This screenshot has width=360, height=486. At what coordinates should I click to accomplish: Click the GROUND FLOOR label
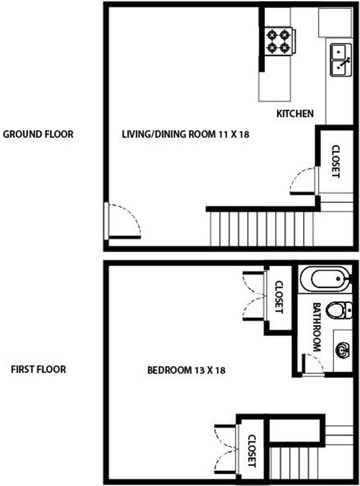click(x=38, y=134)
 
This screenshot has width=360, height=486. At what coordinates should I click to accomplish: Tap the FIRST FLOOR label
click(x=38, y=370)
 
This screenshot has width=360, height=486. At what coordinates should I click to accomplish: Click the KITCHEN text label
click(x=295, y=113)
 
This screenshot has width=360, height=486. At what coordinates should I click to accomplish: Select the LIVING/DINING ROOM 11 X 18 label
click(x=185, y=134)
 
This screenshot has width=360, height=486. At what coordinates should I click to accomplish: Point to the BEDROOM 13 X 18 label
click(x=186, y=370)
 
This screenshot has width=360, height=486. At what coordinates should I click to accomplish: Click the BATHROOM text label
click(x=316, y=327)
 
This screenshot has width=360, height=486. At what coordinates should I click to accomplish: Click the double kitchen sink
click(x=341, y=60)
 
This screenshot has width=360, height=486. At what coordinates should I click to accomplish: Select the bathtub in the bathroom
click(x=327, y=279)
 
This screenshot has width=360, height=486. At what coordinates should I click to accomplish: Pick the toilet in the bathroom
click(x=339, y=309)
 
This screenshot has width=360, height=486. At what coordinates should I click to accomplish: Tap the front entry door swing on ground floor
click(x=124, y=221)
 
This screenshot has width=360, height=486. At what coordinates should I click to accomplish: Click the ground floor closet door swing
click(x=303, y=181)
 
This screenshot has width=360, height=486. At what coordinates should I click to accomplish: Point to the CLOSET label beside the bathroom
click(x=279, y=297)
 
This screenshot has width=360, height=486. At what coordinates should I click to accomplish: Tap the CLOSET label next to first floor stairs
click(x=252, y=451)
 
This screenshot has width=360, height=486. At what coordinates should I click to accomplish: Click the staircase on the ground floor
click(x=262, y=229)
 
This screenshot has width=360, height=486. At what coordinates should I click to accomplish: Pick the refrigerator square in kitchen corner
click(x=336, y=23)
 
